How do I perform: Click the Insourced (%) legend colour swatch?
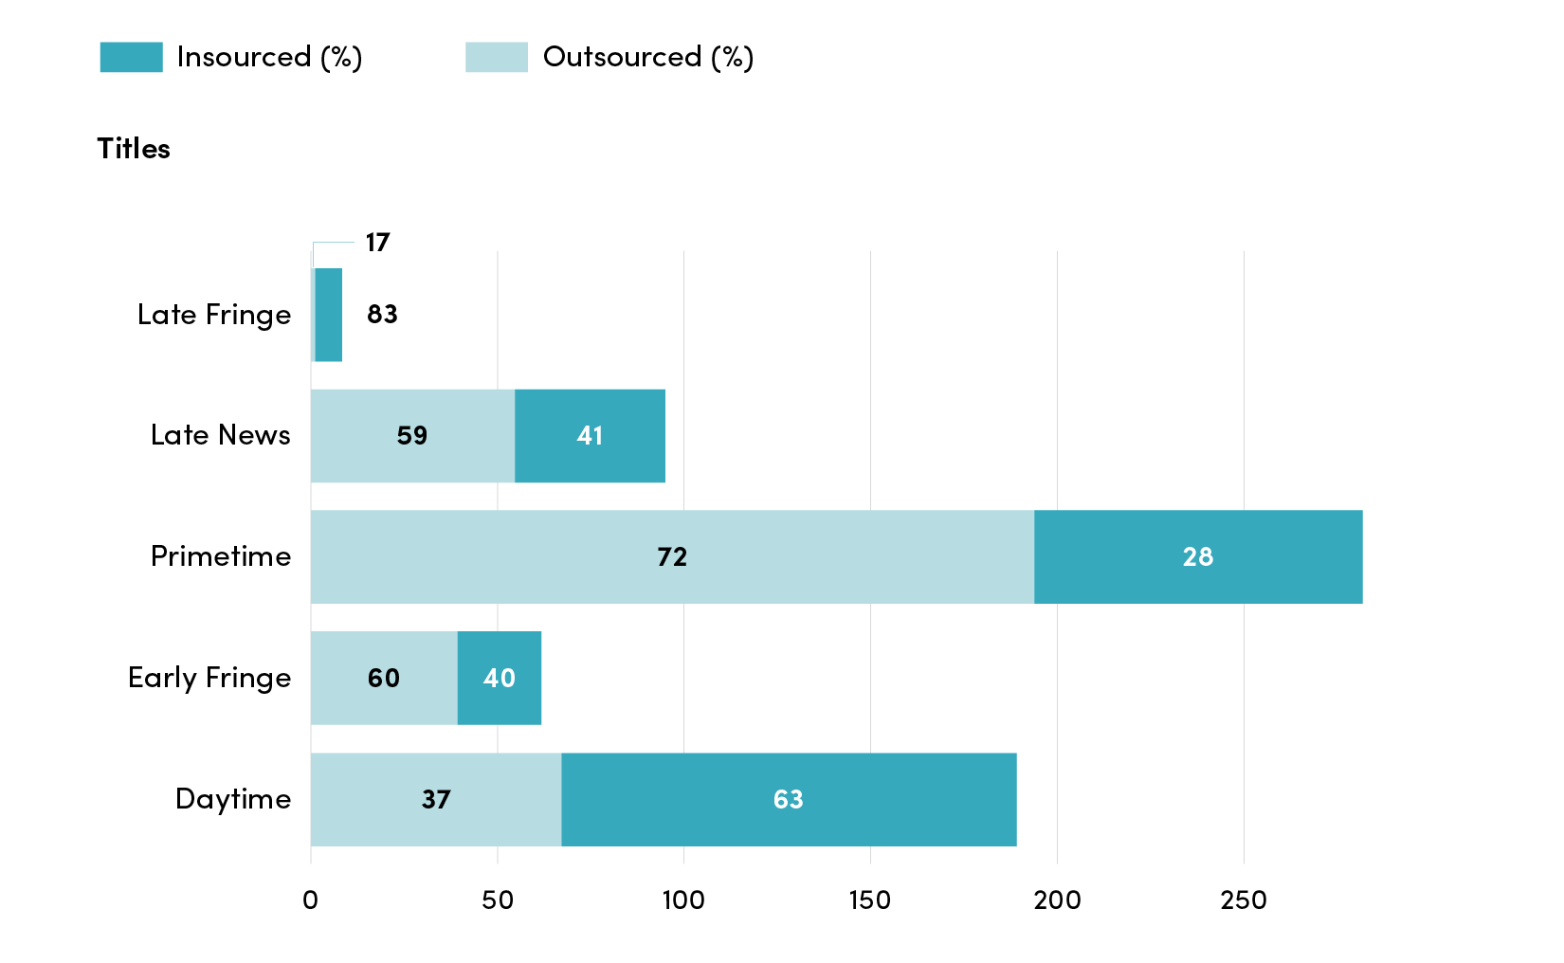(131, 57)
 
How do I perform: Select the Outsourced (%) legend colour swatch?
(497, 57)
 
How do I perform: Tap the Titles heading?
(134, 149)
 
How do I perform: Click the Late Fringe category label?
(213, 315)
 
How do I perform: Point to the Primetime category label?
(221, 556)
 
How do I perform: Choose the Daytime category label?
(233, 799)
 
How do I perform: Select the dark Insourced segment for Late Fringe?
(329, 315)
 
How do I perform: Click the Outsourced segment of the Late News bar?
(412, 436)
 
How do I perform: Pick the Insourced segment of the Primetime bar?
(1198, 556)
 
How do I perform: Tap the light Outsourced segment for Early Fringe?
(384, 678)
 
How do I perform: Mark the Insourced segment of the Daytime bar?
(789, 800)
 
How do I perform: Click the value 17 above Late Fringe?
(378, 243)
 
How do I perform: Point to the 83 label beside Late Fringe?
(382, 315)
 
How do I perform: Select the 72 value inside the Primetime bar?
(672, 556)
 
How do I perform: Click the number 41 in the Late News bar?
(590, 436)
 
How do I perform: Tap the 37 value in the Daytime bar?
(436, 800)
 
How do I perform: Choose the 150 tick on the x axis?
(870, 900)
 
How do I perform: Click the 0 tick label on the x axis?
(311, 900)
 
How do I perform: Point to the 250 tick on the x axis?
(1244, 900)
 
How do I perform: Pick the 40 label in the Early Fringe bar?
(500, 678)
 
